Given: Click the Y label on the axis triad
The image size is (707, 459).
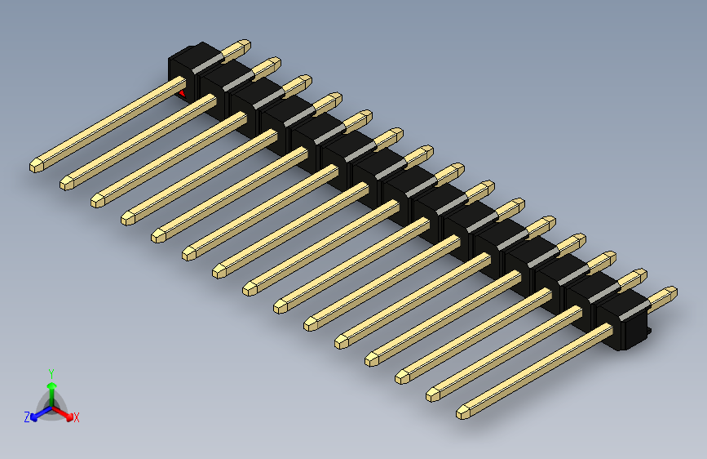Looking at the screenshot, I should pos(51,372).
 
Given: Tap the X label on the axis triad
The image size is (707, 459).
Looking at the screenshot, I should pos(77,418).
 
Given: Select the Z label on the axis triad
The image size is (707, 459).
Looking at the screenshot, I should pos(27,417).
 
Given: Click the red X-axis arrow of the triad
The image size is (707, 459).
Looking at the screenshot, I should pos(65,412).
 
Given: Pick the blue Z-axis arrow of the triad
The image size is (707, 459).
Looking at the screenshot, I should pos(38,412).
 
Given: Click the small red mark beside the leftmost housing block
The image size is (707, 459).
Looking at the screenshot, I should pos(181,92).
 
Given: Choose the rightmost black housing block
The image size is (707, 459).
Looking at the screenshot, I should pos(624,322).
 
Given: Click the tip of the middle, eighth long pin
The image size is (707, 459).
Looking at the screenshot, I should pos(250,287).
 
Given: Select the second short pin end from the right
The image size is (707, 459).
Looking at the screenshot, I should pos(639,274).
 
